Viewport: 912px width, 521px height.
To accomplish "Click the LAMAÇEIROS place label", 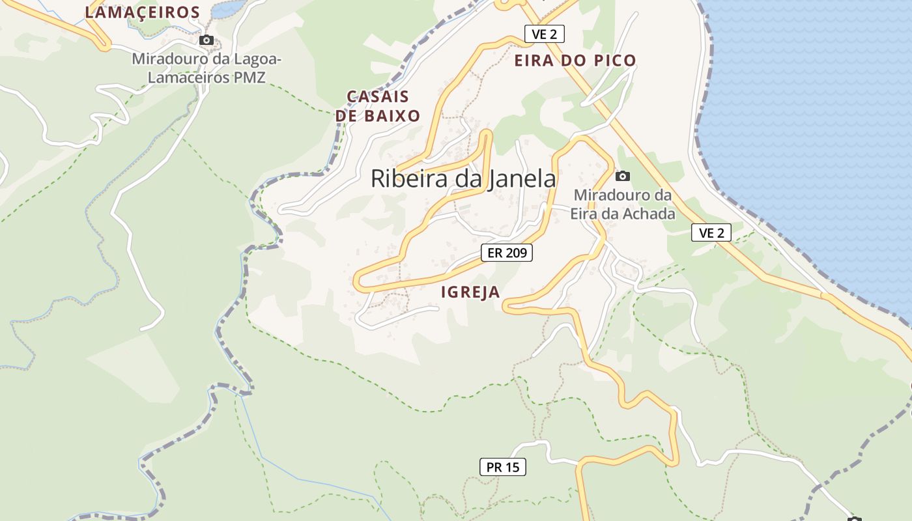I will click(x=143, y=12).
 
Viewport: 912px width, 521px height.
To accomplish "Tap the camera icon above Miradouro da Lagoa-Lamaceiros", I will click(x=207, y=40).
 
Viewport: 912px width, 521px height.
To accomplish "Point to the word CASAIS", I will click(x=378, y=97).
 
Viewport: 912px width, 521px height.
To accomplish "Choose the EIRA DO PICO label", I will click(x=575, y=61).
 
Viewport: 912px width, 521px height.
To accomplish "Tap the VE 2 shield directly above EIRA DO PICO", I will click(x=544, y=35).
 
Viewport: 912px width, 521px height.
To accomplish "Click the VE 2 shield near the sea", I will click(x=711, y=232).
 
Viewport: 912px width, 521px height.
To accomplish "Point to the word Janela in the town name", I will click(x=520, y=179).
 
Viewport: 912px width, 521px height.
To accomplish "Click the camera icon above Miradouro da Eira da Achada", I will click(x=623, y=176).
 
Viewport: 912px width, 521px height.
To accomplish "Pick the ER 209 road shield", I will click(x=507, y=253).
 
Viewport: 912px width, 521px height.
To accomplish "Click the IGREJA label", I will click(x=470, y=292).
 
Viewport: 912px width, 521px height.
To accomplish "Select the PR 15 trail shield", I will click(x=503, y=467).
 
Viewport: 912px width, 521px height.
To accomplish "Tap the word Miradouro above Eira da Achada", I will click(x=622, y=195).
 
